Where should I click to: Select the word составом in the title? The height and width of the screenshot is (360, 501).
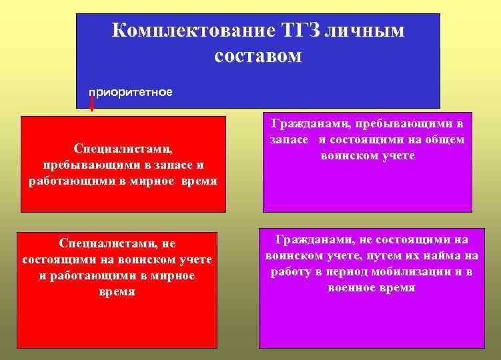coord(258,55)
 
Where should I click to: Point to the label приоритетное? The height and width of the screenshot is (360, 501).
coord(131,92)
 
